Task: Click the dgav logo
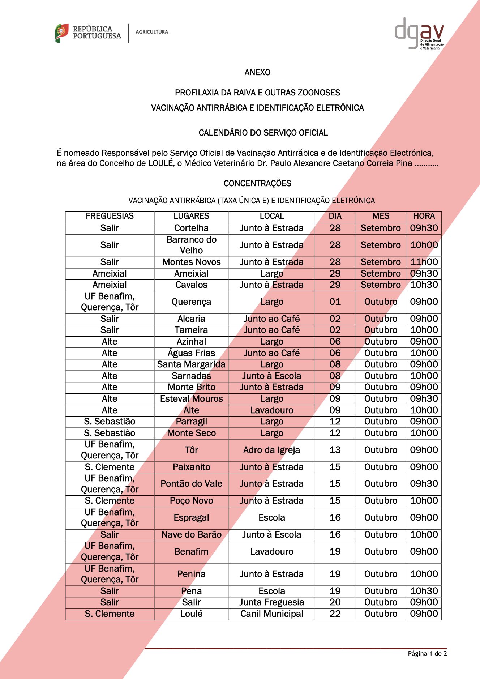click(419, 33)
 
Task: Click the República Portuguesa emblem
click(62, 33)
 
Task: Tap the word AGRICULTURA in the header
click(152, 32)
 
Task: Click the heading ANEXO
click(257, 72)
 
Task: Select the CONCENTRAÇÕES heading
click(257, 183)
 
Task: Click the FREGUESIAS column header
click(110, 216)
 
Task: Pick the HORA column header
click(424, 216)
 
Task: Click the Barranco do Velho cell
click(191, 245)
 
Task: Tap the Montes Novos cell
click(191, 262)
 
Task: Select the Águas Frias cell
click(191, 353)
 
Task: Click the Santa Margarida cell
click(191, 364)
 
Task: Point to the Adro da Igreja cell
click(271, 450)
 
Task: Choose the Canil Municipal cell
click(271, 614)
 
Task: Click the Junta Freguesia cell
click(271, 602)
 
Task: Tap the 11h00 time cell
click(424, 262)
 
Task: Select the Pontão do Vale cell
click(191, 484)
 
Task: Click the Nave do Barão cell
click(191, 535)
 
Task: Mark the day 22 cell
click(335, 614)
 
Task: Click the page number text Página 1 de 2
click(427, 654)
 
